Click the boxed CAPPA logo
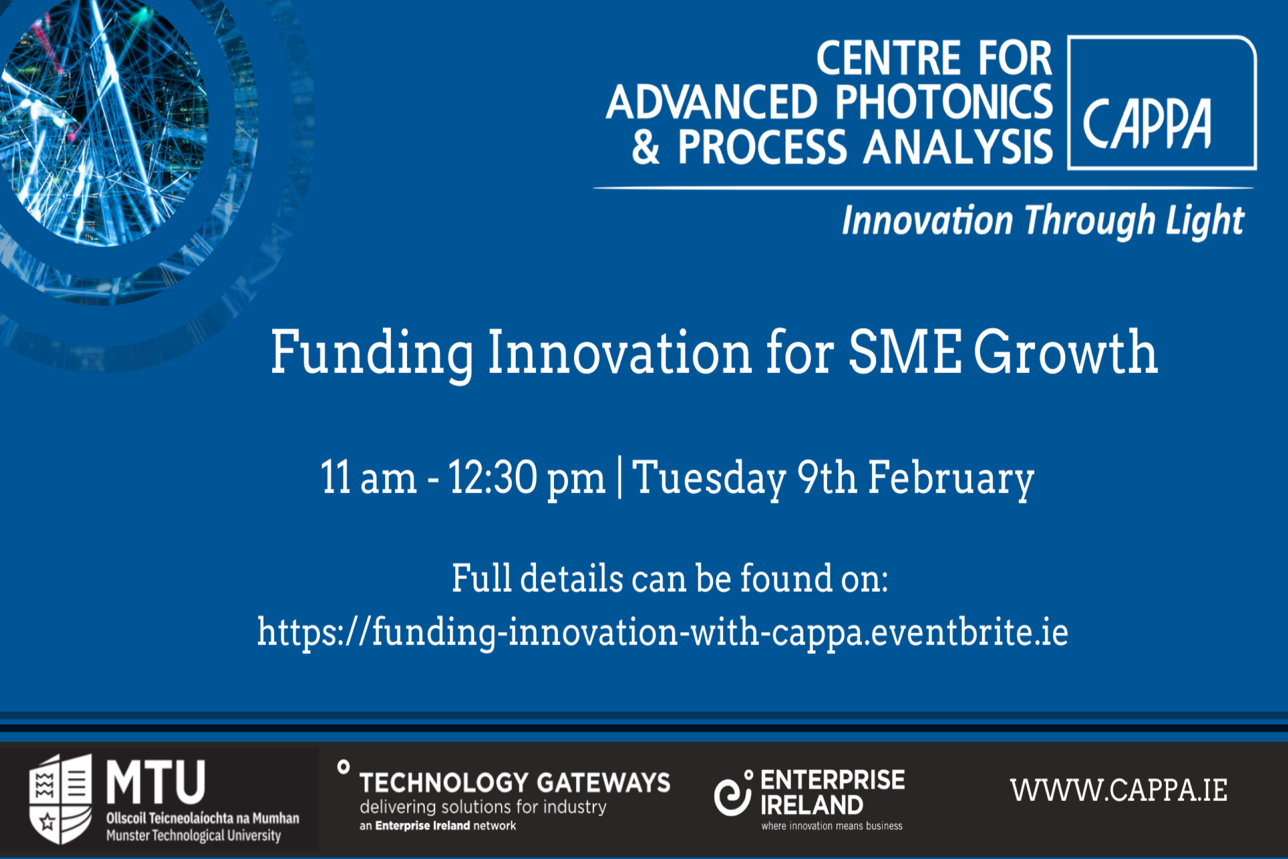1162,103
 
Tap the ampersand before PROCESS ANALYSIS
646,147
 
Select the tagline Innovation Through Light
1043,221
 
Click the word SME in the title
905,352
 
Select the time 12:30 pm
527,478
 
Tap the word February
951,478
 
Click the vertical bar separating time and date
619,477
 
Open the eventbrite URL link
663,632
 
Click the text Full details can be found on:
670,579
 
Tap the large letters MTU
156,783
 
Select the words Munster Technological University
193,835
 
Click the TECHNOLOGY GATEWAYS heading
515,783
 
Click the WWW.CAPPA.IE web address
1119,791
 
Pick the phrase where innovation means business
832,826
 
